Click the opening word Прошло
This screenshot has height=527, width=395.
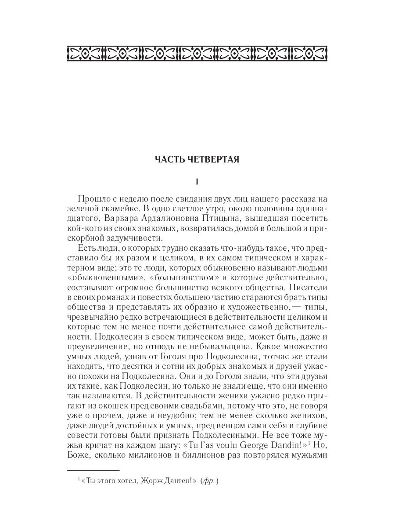click(93, 200)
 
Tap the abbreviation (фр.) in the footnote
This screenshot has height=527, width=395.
click(209, 482)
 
